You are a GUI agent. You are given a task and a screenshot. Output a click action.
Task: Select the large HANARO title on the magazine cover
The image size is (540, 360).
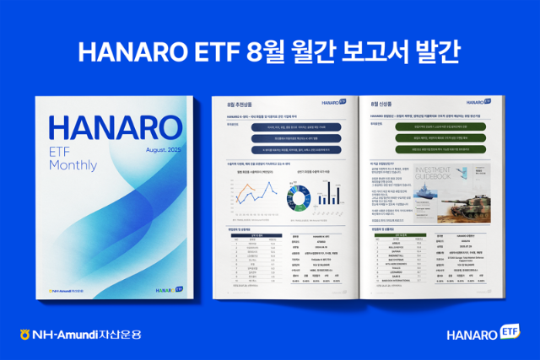pos(115,128)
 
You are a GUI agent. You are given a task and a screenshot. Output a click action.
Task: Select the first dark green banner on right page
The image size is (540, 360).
pos(441,125)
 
